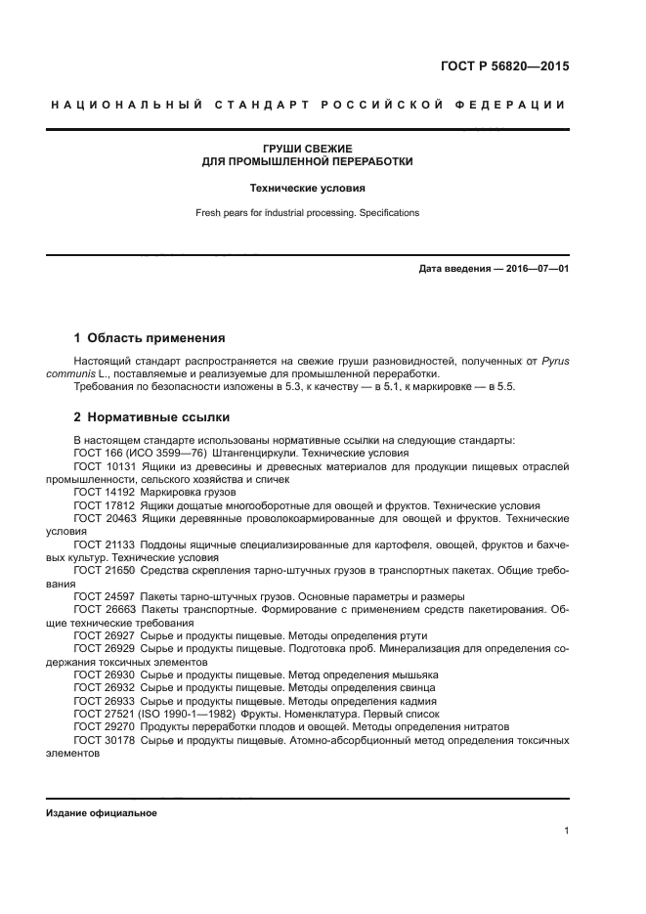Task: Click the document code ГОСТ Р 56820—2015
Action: pos(506,67)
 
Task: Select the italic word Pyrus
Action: pos(553,362)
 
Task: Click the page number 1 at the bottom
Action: pos(566,831)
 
